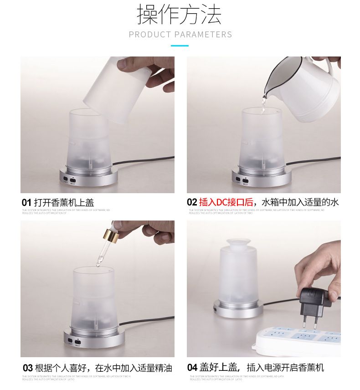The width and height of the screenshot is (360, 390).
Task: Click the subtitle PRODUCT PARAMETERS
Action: [180, 35]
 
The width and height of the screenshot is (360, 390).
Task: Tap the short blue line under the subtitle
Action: [180, 46]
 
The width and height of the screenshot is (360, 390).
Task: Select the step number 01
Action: [26, 202]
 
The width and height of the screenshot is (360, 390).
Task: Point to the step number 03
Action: [27, 368]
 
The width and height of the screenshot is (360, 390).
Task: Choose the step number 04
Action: [192, 368]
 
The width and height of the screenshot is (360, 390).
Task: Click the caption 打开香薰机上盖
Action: [64, 202]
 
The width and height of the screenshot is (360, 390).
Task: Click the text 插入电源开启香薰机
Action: [285, 368]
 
